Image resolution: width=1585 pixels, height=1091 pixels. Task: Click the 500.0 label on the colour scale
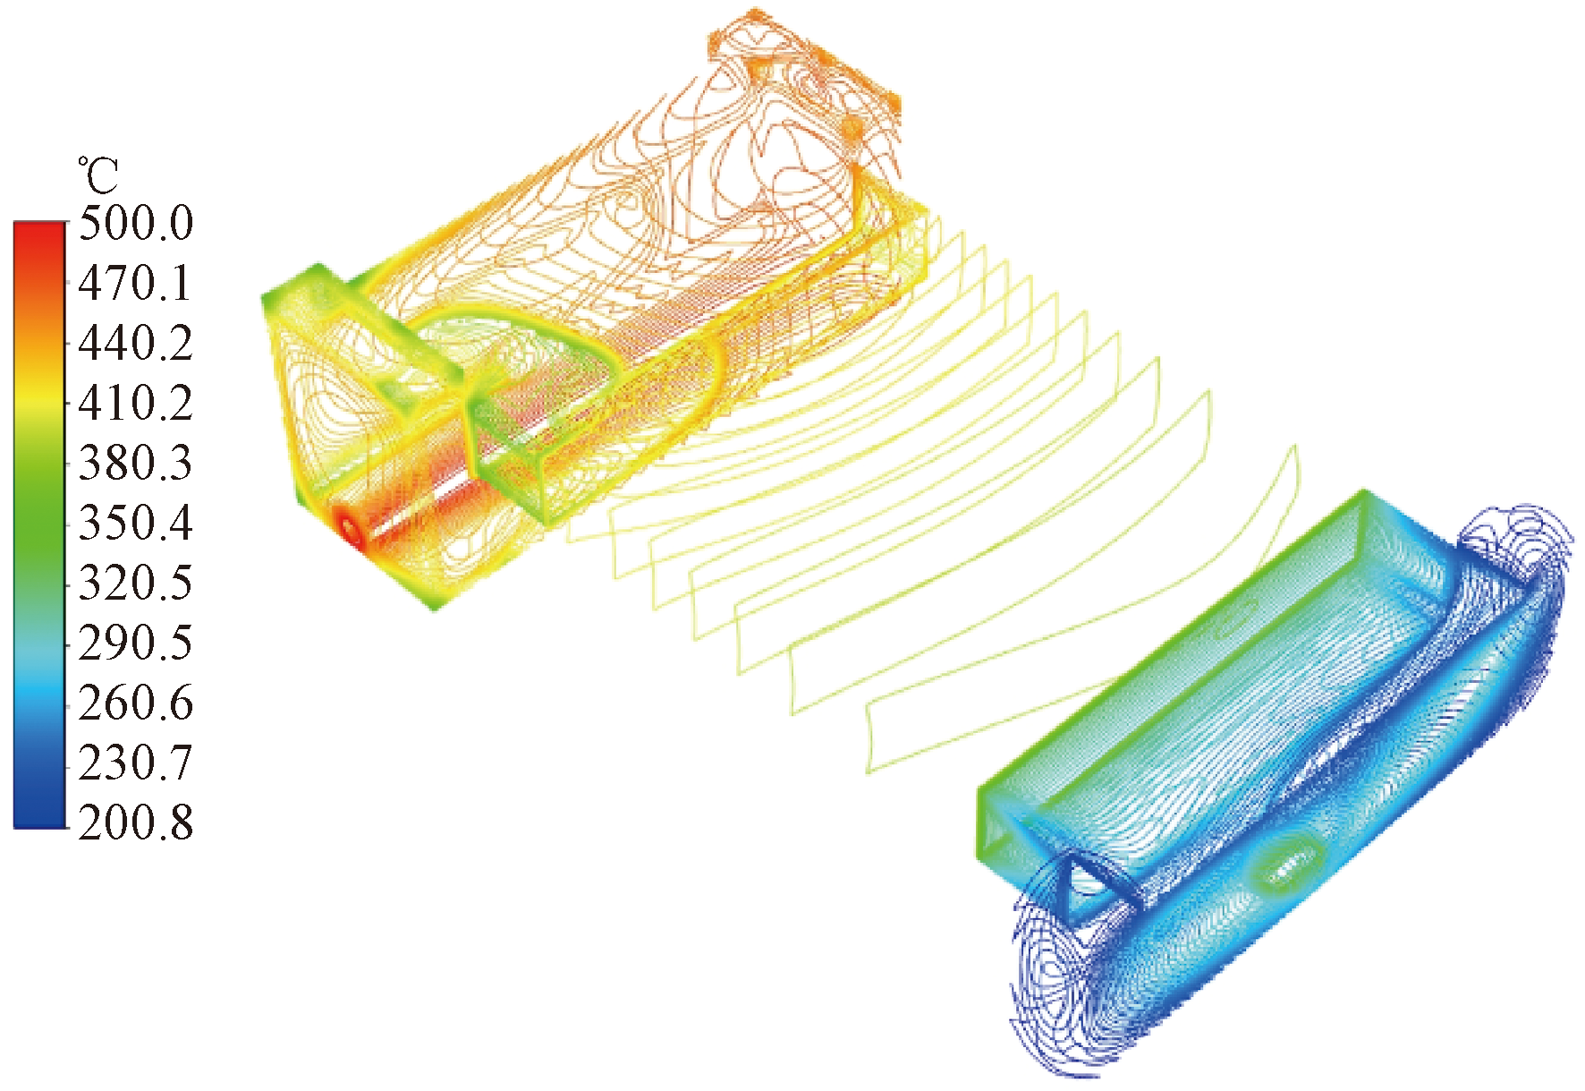point(136,223)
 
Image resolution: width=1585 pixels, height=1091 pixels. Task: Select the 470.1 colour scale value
point(136,283)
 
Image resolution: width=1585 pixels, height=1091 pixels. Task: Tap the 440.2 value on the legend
point(136,343)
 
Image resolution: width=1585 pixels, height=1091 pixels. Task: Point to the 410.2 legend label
point(136,403)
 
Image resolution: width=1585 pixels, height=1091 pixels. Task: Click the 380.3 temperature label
point(136,463)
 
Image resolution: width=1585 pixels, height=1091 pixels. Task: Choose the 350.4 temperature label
point(136,523)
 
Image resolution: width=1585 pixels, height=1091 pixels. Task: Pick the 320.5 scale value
point(136,583)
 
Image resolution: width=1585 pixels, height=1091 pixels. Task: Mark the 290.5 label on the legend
point(136,643)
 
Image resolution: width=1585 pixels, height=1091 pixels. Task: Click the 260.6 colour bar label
point(136,703)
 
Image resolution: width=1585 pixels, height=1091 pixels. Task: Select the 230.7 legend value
point(136,763)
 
